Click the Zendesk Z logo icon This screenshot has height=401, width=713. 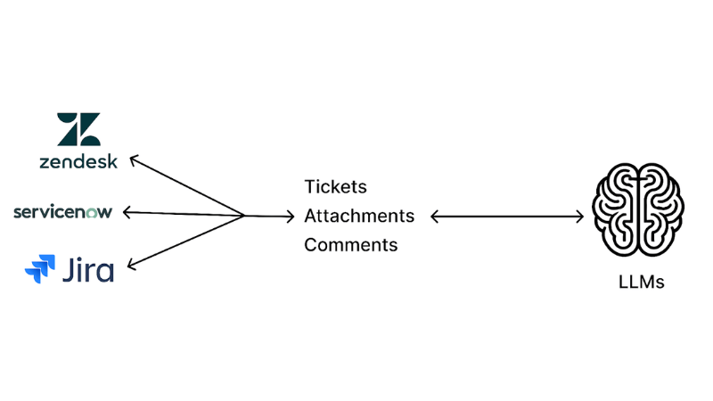pos(78,129)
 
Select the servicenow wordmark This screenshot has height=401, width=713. pos(62,212)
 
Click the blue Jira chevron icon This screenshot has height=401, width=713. pos(40,266)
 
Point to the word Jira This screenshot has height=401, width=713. pos(87,267)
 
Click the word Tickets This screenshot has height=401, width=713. pos(335,187)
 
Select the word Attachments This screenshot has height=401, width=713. pos(359,216)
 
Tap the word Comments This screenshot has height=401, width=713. pos(350,244)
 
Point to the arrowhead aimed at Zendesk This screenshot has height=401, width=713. pos(135,160)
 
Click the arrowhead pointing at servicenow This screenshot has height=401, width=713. pos(127,212)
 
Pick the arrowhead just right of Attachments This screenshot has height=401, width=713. pos(434,216)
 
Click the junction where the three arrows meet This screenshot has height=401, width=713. pos(244,215)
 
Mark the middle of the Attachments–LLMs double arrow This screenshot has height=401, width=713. pos(506,216)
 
